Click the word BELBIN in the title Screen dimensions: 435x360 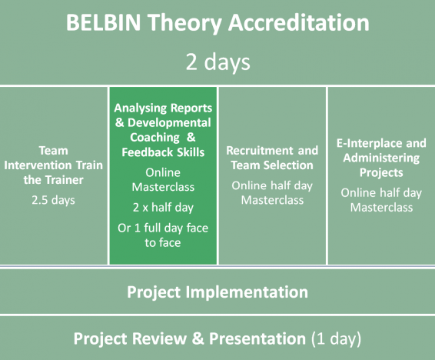click(104, 22)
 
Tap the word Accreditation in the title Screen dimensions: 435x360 click(299, 22)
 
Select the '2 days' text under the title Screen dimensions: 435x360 click(217, 62)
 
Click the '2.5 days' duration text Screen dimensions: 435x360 click(53, 200)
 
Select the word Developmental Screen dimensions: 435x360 click(169, 122)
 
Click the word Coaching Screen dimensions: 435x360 click(154, 138)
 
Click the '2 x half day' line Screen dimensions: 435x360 click(163, 208)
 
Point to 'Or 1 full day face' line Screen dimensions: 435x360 click(163, 228)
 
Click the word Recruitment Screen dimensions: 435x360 click(260, 151)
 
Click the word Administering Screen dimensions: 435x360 click(381, 158)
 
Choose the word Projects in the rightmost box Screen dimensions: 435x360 click(381, 172)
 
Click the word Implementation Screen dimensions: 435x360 click(247, 292)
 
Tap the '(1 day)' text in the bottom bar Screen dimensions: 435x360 click(336, 338)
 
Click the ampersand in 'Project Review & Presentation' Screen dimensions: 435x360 click(198, 338)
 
